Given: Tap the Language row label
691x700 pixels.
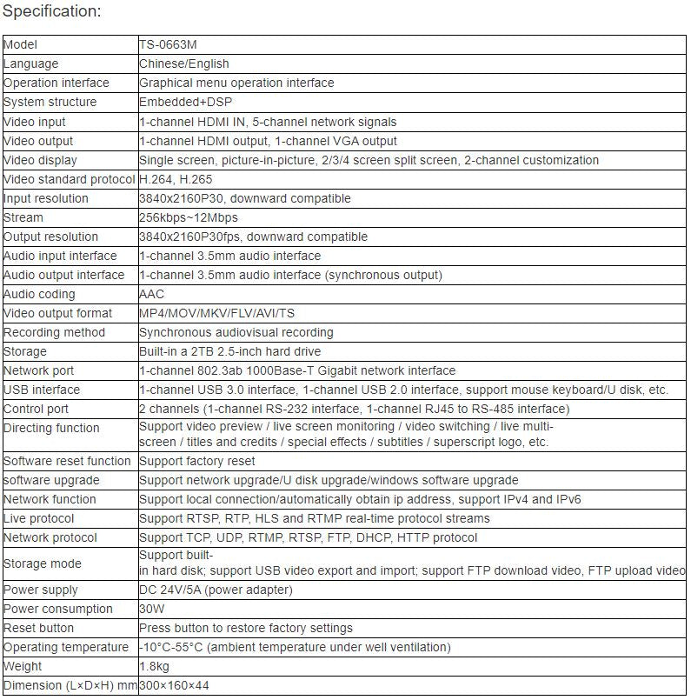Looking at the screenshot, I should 31,63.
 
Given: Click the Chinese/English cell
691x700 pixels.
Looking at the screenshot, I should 184,63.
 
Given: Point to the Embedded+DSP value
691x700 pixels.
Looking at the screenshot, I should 181,102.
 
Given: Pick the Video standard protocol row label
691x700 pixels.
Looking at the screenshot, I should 70,179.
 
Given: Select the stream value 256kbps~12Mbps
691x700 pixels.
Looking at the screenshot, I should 188,217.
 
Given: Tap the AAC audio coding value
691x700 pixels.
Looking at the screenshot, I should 151,294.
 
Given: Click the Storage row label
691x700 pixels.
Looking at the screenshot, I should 25,351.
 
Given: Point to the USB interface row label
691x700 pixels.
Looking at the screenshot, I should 42,390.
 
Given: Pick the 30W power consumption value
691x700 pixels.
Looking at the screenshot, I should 151,609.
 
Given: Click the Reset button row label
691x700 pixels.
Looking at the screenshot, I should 39,628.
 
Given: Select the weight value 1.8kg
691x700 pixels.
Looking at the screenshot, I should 155,666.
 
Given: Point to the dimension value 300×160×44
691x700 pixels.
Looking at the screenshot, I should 174,685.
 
